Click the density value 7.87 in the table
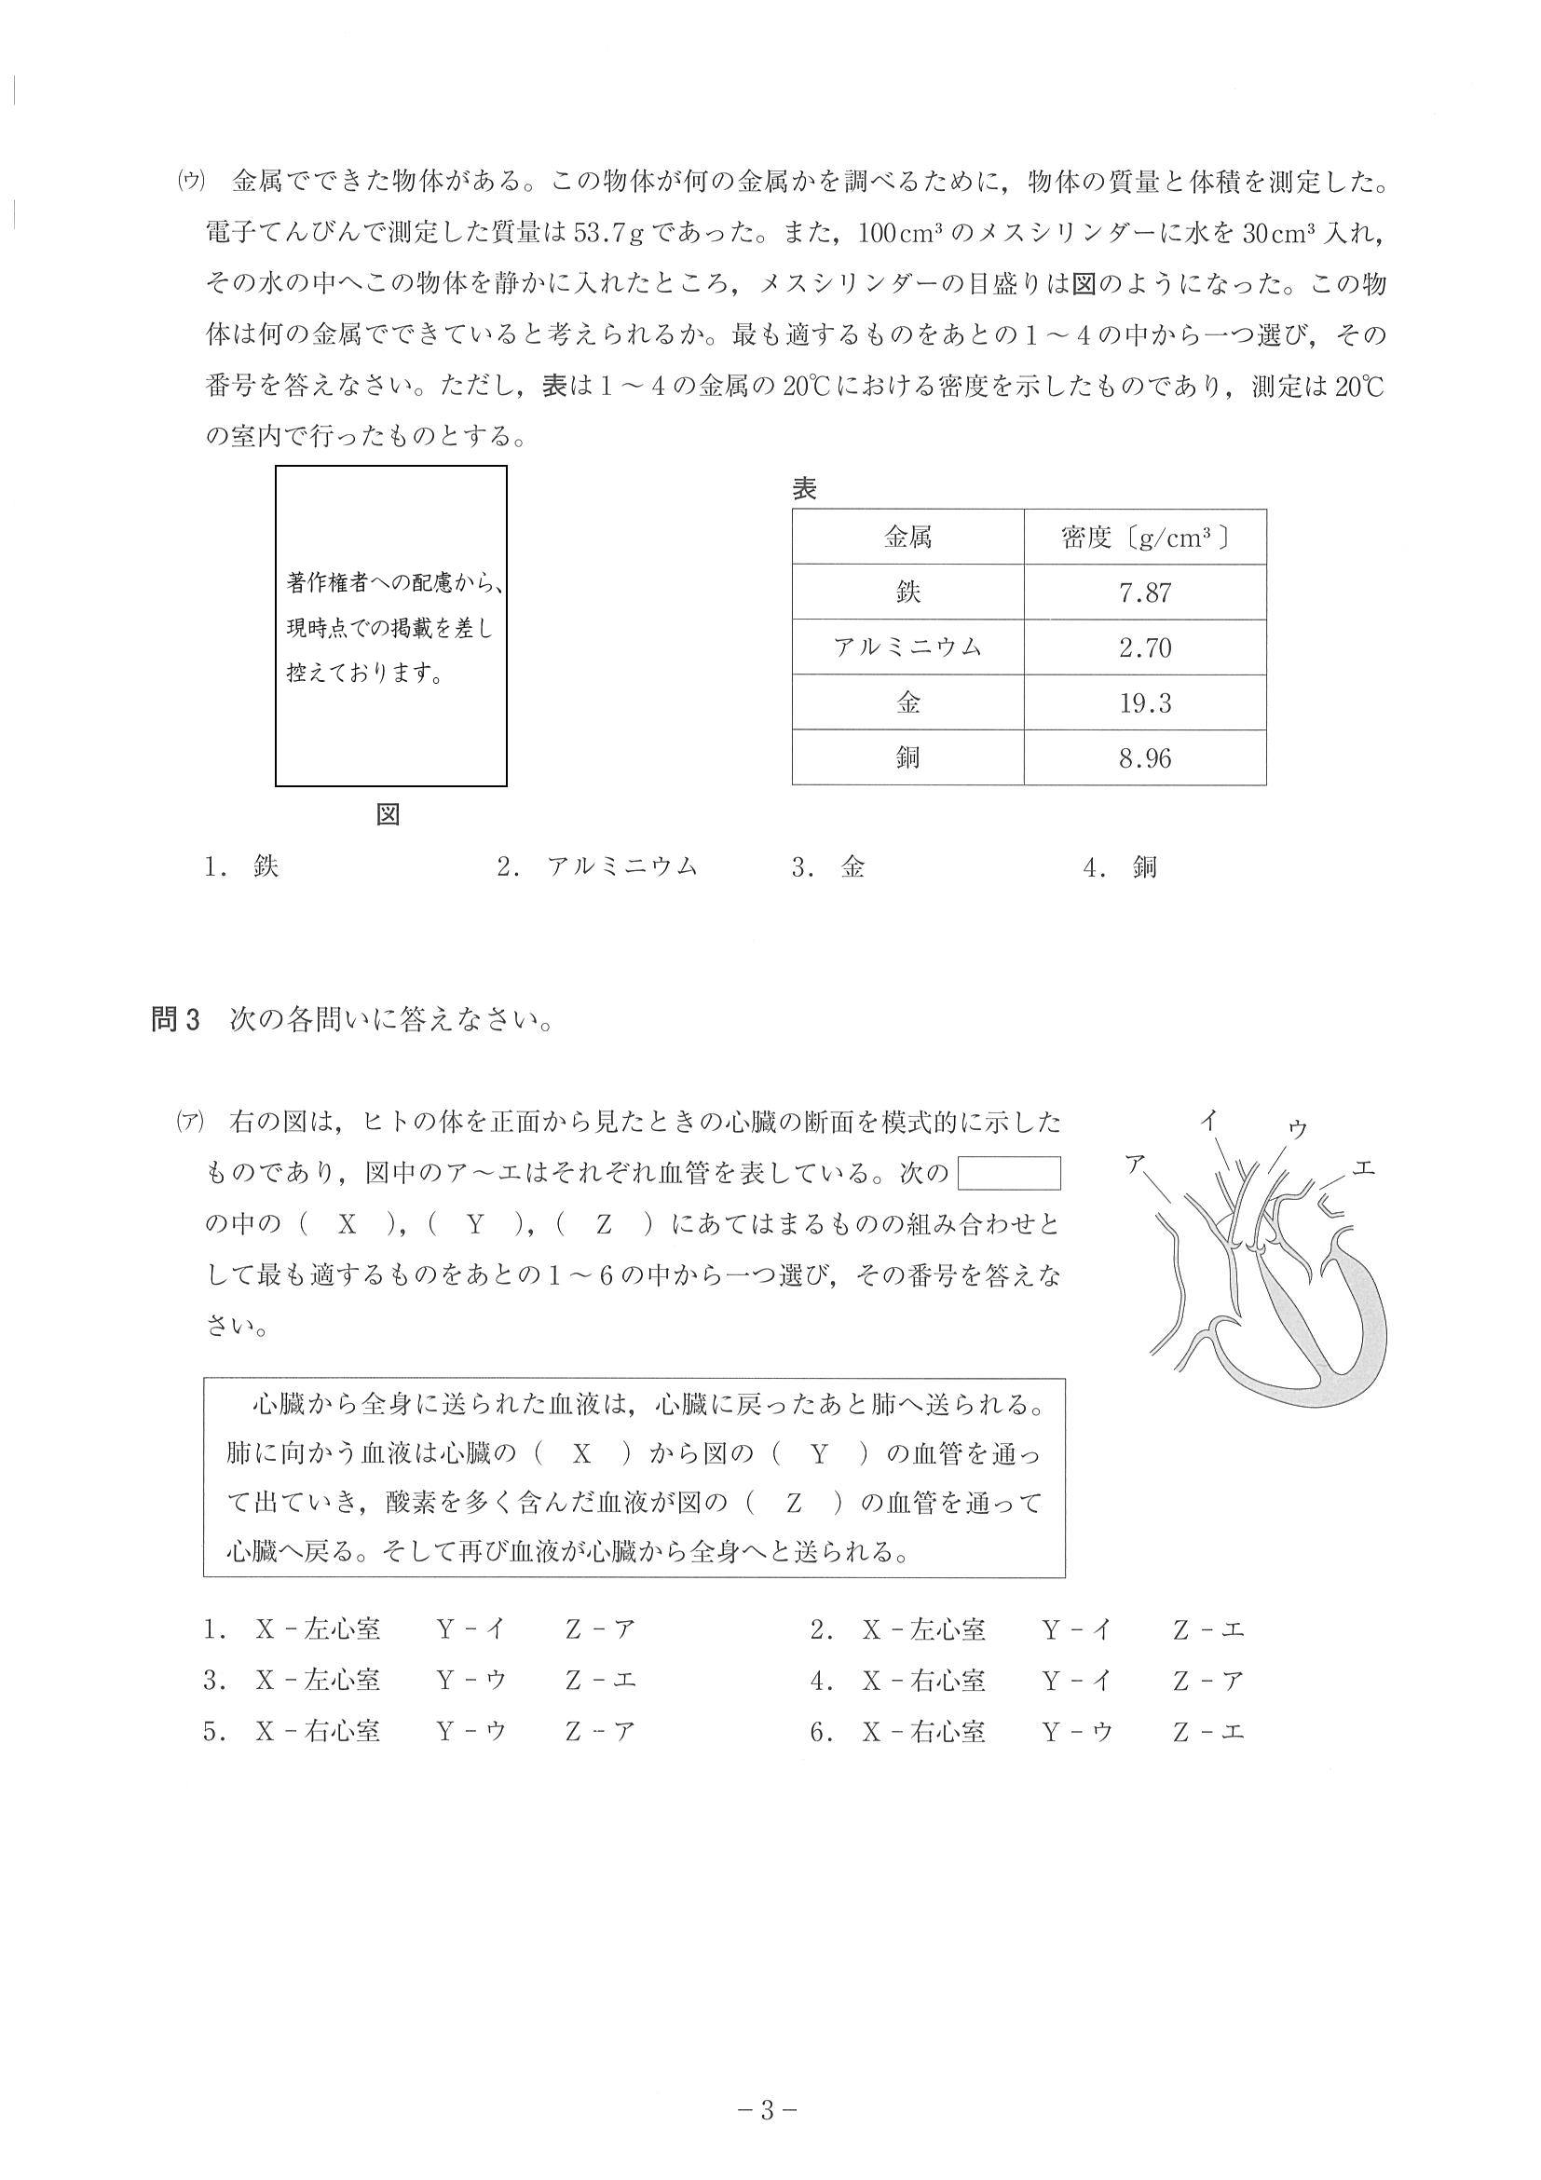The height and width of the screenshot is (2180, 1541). (1144, 593)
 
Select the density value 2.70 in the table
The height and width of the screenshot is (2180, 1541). (1144, 648)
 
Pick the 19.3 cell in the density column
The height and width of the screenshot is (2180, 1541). (1144, 703)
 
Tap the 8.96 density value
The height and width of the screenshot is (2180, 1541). (1144, 758)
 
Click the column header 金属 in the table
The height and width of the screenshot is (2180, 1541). (907, 538)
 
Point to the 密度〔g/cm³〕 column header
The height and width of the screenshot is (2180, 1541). (1144, 538)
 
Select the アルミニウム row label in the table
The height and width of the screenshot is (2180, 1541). (907, 648)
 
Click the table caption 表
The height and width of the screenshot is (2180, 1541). (804, 490)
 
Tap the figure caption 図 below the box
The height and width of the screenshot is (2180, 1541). (389, 814)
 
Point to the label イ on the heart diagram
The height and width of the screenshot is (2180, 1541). (1207, 1121)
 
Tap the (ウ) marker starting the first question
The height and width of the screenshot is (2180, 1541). (191, 182)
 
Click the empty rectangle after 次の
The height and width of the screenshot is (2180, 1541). (1008, 1174)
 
